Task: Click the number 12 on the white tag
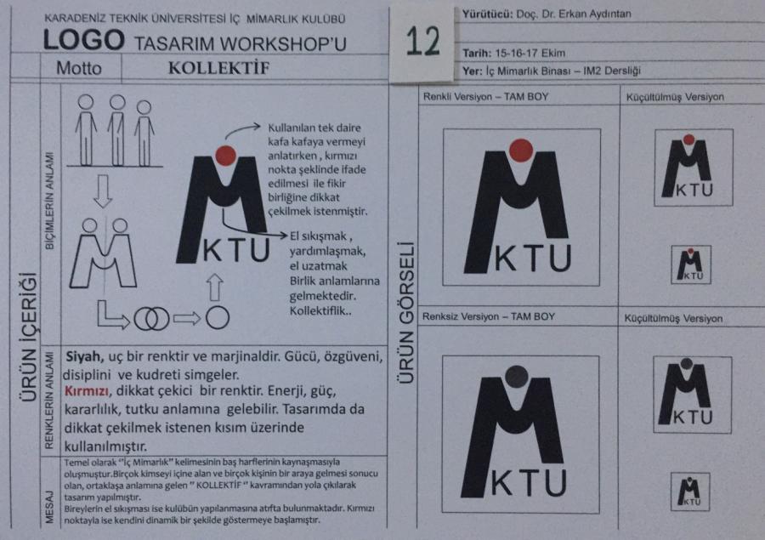[422, 42]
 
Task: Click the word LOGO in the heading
[83, 40]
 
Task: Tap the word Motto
[79, 68]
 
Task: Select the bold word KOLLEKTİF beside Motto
[218, 68]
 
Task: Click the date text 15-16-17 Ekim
[530, 53]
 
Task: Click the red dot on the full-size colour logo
[520, 151]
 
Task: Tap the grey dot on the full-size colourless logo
[516, 377]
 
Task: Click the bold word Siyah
[84, 357]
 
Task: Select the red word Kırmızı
[87, 391]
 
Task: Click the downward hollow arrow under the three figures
[103, 191]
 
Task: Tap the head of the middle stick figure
[117, 102]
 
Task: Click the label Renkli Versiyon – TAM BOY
[485, 97]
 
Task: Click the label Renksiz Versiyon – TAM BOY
[489, 316]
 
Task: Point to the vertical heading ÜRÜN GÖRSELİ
[406, 312]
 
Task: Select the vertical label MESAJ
[49, 508]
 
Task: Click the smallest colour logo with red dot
[690, 264]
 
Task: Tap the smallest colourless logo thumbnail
[690, 492]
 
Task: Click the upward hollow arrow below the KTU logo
[215, 287]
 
